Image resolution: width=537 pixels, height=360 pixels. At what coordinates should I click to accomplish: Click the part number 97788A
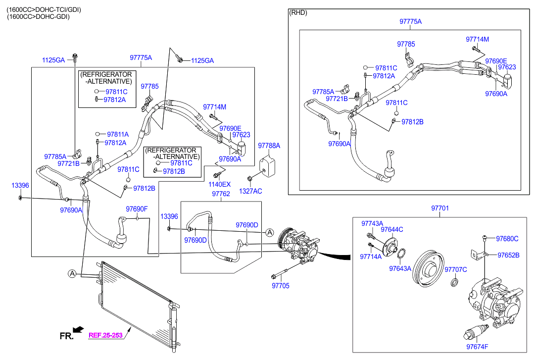pyautogui.click(x=269, y=146)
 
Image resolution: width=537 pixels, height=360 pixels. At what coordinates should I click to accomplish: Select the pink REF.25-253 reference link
pyautogui.click(x=105, y=335)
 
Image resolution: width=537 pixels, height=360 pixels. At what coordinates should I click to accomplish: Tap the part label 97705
pyautogui.click(x=281, y=286)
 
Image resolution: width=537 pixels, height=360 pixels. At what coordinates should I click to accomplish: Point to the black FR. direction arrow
pyautogui.click(x=79, y=329)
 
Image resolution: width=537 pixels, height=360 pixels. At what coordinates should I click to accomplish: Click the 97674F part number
pyautogui.click(x=477, y=347)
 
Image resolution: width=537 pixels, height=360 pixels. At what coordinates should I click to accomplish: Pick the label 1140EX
pyautogui.click(x=220, y=184)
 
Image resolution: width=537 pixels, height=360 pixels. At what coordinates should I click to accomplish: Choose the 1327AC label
pyautogui.click(x=250, y=191)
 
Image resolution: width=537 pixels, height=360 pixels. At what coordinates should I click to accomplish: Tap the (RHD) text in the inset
pyautogui.click(x=298, y=13)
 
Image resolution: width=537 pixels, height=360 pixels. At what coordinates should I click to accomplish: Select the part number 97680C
pyautogui.click(x=507, y=239)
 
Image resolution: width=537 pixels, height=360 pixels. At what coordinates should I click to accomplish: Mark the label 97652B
pyautogui.click(x=508, y=255)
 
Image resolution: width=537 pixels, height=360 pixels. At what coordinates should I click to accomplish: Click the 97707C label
pyautogui.click(x=455, y=269)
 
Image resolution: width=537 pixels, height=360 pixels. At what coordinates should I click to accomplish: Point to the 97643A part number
pyautogui.click(x=400, y=268)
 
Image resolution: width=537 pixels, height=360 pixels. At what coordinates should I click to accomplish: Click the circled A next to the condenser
pyautogui.click(x=72, y=273)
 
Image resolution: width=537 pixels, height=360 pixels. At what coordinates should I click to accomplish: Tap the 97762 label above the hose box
pyautogui.click(x=221, y=194)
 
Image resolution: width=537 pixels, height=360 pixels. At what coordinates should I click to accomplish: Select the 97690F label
pyautogui.click(x=137, y=209)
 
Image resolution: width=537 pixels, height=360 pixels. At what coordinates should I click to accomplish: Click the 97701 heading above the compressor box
pyautogui.click(x=439, y=208)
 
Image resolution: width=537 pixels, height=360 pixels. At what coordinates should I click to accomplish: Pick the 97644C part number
pyautogui.click(x=392, y=229)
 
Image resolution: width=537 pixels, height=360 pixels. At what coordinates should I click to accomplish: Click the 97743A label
pyautogui.click(x=372, y=224)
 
